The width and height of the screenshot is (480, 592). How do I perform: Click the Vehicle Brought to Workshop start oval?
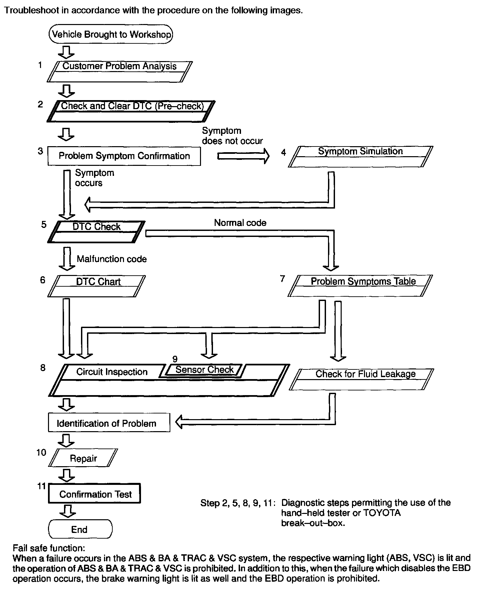(x=111, y=34)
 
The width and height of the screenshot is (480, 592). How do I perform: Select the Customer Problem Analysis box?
(x=119, y=71)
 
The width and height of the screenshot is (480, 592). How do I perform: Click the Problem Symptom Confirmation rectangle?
(x=124, y=156)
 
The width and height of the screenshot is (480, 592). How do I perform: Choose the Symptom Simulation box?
(x=360, y=156)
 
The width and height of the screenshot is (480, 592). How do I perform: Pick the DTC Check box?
(x=96, y=232)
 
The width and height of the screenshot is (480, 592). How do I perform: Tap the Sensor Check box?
(x=204, y=370)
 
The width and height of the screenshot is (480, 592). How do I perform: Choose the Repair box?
(x=83, y=458)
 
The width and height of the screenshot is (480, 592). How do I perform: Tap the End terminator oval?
(x=80, y=529)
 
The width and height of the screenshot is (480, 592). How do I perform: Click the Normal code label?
(x=240, y=223)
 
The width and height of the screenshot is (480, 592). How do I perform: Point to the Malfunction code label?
(x=112, y=259)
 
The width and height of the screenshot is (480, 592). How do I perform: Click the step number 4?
(x=283, y=153)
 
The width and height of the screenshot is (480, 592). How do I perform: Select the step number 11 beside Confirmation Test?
(x=41, y=486)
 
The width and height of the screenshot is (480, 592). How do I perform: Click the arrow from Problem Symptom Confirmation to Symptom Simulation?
(x=243, y=156)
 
